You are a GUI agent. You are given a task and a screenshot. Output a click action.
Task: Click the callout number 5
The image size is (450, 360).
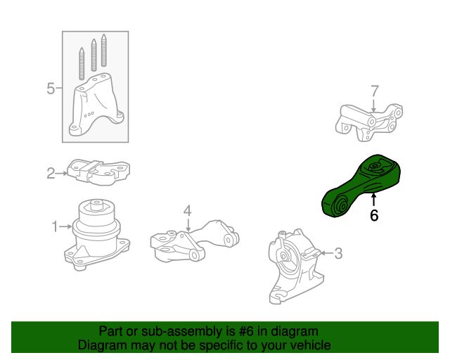point(51,88)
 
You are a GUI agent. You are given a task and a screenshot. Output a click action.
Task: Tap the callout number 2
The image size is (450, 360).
point(51,174)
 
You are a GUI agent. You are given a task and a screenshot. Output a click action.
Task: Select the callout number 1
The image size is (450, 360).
point(55,226)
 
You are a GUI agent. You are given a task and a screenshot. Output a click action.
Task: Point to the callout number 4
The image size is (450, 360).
point(188,211)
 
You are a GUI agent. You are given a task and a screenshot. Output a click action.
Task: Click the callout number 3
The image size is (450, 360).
point(339,253)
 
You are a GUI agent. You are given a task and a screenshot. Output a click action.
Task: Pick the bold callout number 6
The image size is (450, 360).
point(374,215)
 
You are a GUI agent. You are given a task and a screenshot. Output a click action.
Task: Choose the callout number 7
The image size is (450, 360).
point(375,91)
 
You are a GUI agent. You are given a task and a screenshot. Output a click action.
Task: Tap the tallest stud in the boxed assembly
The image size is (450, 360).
point(103,50)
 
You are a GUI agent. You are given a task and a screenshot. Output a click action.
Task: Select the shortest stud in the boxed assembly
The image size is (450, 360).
point(82,63)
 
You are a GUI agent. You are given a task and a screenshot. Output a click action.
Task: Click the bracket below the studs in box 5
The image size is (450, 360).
point(96,105)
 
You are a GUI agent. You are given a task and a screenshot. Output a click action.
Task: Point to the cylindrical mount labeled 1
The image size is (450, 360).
point(96,235)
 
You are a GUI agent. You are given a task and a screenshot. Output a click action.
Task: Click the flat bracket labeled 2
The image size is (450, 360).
point(98,172)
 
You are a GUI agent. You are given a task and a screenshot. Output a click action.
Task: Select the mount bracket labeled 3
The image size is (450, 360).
point(295,266)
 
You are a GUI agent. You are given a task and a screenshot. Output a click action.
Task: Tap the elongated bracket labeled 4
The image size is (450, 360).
point(195,240)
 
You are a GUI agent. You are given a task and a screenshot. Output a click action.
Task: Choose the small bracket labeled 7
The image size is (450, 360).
point(369,122)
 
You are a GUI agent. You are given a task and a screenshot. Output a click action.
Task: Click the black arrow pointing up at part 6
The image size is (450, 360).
point(373,200)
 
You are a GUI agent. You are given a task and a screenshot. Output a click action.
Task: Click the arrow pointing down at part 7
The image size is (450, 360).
point(373,105)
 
